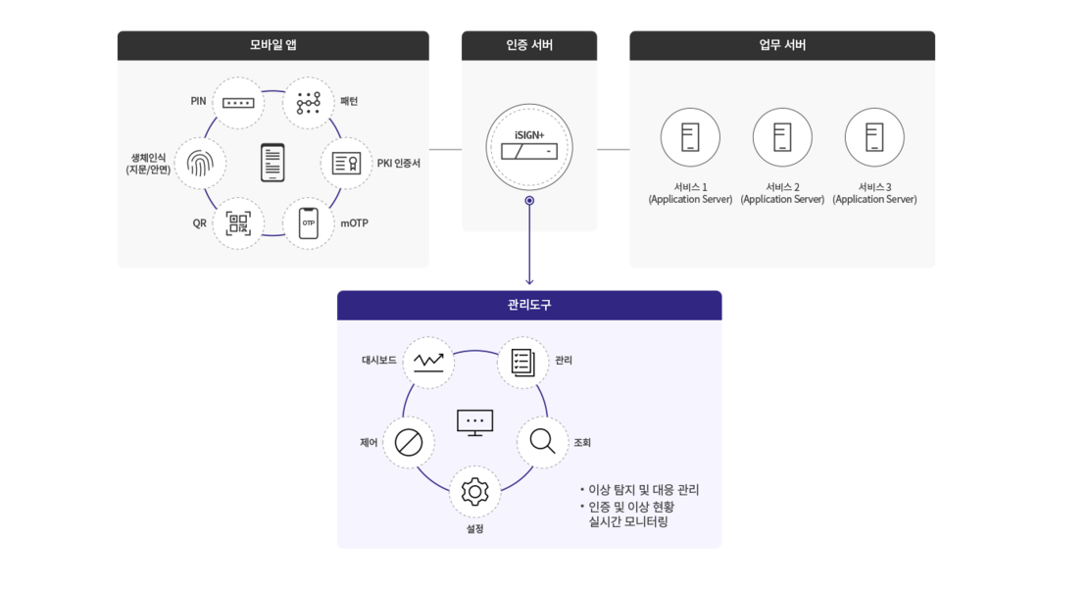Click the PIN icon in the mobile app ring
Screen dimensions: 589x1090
pos(238,103)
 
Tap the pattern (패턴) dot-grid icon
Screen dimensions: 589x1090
pos(309,103)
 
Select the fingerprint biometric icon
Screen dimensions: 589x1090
pos(200,164)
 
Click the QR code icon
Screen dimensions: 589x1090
pos(238,223)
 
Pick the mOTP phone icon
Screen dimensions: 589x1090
pos(309,223)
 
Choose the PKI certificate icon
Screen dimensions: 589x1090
pos(346,164)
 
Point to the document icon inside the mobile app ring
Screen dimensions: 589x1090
pos(272,163)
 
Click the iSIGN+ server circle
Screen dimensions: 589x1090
pos(529,147)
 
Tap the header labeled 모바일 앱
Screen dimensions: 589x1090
pos(272,45)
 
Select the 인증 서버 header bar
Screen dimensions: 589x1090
pos(529,45)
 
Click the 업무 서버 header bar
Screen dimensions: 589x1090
pos(782,45)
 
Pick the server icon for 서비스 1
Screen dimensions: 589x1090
pos(690,137)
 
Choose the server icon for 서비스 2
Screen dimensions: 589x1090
pos(782,137)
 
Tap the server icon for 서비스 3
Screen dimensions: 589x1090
pos(874,137)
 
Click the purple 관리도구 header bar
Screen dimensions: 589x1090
pos(529,305)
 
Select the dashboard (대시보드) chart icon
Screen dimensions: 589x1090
pos(428,362)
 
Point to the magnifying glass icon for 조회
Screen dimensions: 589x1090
pos(542,442)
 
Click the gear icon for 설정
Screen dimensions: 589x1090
pos(474,492)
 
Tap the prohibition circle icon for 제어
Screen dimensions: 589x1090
pos(409,443)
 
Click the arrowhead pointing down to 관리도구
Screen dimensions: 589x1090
pos(529,281)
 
